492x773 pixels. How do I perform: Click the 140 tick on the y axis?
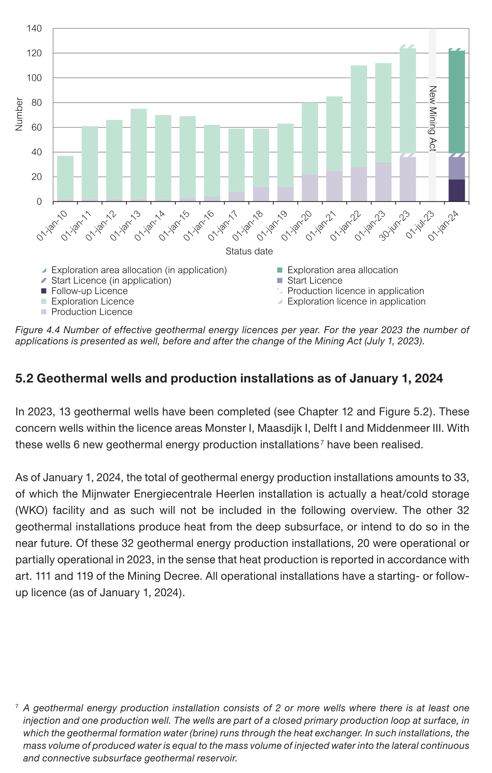click(x=34, y=28)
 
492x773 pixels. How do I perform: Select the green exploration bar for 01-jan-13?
click(x=138, y=154)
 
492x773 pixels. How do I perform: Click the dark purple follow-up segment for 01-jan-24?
click(x=457, y=190)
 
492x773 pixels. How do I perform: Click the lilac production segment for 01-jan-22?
click(x=359, y=184)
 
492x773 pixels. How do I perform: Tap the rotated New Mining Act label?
click(x=433, y=119)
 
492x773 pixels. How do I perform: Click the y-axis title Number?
click(x=19, y=114)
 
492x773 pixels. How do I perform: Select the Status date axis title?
click(x=249, y=251)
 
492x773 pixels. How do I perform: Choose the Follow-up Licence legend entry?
click(x=89, y=291)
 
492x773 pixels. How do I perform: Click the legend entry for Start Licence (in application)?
click(x=111, y=281)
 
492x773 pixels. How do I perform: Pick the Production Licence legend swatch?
click(x=44, y=312)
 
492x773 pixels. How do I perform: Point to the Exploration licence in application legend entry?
click(x=356, y=301)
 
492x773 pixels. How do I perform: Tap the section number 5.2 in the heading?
click(x=24, y=378)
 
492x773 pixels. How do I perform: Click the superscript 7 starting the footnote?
click(x=17, y=706)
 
